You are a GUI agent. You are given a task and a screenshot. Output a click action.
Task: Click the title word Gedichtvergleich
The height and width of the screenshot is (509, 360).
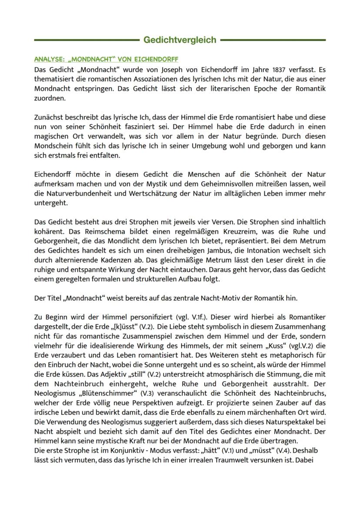click(180, 40)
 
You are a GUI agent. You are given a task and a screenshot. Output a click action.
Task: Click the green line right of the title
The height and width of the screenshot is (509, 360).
click(273, 40)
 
